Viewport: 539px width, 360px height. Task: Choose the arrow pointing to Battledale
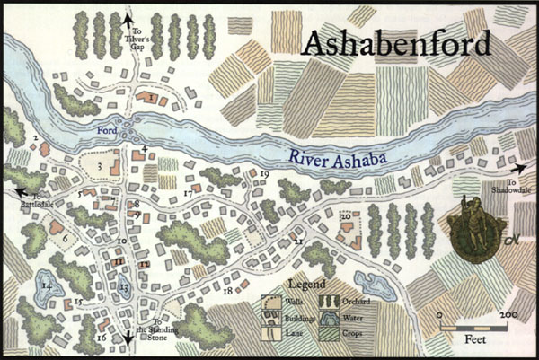[20, 190]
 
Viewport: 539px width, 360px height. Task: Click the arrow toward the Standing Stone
[128, 336]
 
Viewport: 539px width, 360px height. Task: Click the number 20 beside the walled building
[344, 215]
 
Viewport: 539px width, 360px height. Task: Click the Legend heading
[305, 285]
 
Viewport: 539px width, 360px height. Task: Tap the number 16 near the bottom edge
[101, 338]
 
